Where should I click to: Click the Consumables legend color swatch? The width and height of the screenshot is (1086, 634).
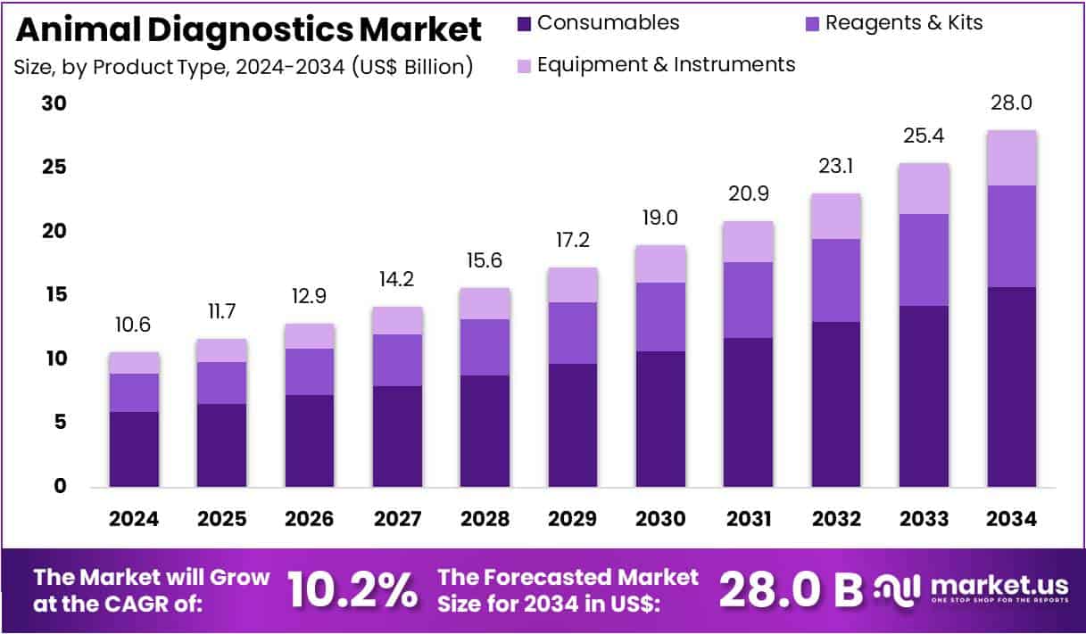click(x=524, y=24)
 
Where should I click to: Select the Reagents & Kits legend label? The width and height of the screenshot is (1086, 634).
click(x=904, y=23)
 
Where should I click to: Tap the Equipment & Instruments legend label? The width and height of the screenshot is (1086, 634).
click(x=666, y=64)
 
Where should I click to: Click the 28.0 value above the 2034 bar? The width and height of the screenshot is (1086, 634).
click(x=1012, y=103)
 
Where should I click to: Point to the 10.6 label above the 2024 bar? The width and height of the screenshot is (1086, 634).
click(x=134, y=325)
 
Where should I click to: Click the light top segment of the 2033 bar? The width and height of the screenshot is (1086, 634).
click(x=924, y=188)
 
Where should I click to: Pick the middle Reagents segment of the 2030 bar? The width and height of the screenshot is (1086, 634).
click(x=661, y=317)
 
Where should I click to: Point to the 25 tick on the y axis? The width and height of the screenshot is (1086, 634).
click(x=55, y=168)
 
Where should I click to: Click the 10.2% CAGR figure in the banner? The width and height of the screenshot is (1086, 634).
click(x=352, y=589)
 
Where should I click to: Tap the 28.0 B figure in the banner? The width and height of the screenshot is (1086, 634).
click(x=791, y=589)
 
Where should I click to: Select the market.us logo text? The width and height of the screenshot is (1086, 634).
click(x=999, y=585)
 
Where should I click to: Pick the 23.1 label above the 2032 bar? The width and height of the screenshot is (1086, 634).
click(x=836, y=166)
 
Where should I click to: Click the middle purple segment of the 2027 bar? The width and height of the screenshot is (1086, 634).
click(x=398, y=360)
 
